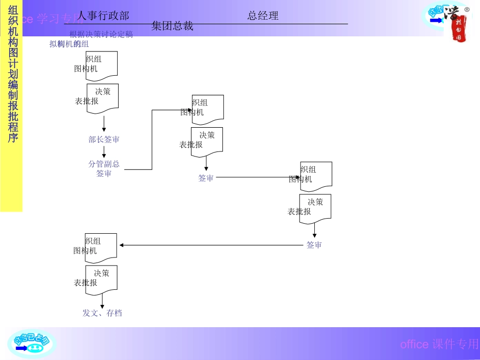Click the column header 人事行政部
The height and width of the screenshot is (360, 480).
tap(103, 16)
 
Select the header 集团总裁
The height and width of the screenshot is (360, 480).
tap(172, 26)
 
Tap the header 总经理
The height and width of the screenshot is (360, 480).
tap(263, 16)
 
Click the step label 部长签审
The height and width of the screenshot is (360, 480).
tap(104, 139)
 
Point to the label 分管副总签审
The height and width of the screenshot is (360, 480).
tap(104, 169)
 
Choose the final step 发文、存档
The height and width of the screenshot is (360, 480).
tap(102, 313)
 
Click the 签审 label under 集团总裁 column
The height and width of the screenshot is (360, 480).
tap(206, 178)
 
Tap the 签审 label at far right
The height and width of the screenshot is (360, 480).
tap(314, 245)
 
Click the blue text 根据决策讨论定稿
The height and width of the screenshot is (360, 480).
tap(101, 34)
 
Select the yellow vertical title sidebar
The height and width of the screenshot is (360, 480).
tap(11, 106)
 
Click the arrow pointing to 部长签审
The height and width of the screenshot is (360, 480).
tap(104, 124)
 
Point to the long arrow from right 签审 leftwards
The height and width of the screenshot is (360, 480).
tap(212, 245)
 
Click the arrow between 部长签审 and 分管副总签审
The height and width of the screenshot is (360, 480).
tap(104, 152)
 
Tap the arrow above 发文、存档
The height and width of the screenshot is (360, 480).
tap(103, 302)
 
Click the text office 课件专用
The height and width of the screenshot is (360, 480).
tap(439, 344)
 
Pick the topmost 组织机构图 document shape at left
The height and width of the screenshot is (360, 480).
tap(102, 66)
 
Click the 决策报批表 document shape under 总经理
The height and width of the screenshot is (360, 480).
tap(315, 208)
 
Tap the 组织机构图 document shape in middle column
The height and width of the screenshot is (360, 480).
tap(208, 109)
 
